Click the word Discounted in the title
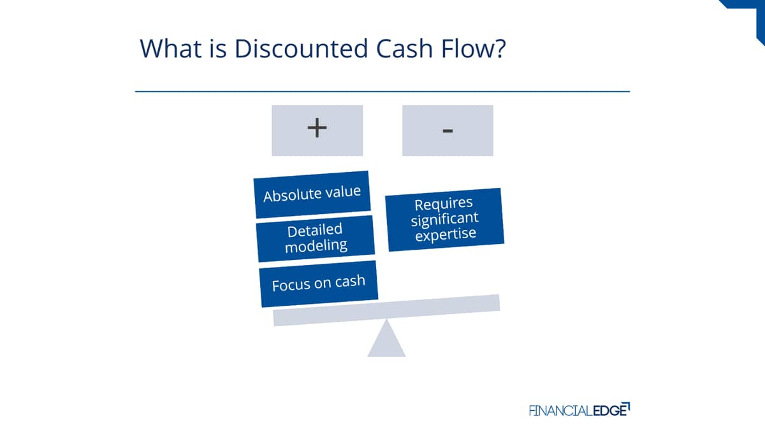click(x=302, y=48)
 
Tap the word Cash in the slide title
click(x=405, y=48)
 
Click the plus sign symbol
click(x=317, y=128)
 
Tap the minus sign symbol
click(x=448, y=131)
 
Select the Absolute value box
click(x=312, y=194)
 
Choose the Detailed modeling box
click(x=316, y=238)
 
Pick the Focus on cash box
click(x=319, y=283)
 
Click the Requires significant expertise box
click(x=445, y=219)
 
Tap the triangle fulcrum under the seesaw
click(x=386, y=339)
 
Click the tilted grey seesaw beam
click(x=386, y=310)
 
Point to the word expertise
click(x=446, y=234)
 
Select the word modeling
click(x=316, y=246)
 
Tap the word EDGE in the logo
click(x=611, y=410)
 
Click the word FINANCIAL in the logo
click(x=561, y=410)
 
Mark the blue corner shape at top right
click(x=748, y=17)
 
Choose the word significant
click(x=445, y=219)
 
